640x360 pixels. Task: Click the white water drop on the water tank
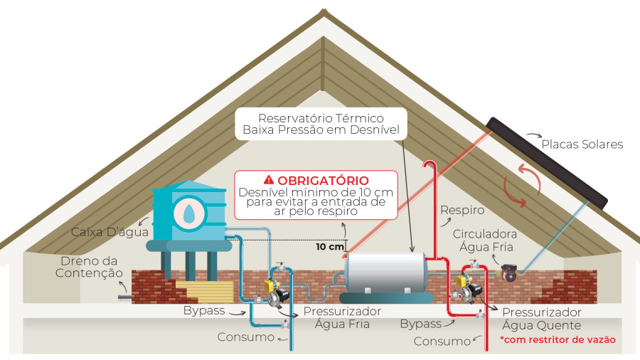(188, 213)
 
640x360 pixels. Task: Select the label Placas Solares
(582, 144)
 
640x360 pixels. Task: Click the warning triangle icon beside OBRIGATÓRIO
(268, 180)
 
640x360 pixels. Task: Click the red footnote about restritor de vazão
(558, 340)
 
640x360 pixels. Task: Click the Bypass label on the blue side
(204, 311)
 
